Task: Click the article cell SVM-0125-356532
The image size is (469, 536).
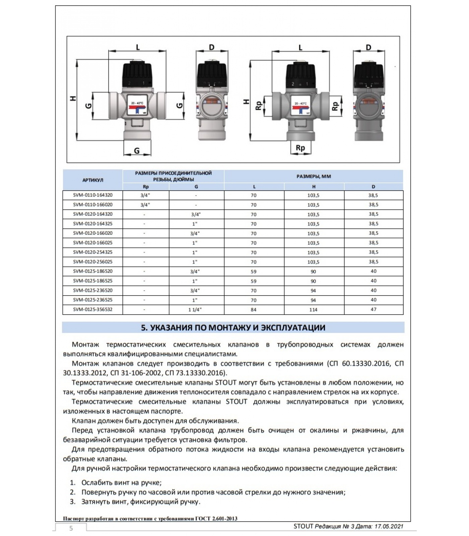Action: click(93, 310)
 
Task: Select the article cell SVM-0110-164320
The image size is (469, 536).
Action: click(93, 195)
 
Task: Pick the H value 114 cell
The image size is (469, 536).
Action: click(313, 310)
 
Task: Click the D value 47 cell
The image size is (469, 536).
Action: click(373, 310)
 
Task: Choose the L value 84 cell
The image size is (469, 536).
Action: click(254, 310)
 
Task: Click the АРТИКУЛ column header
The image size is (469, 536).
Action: click(93, 180)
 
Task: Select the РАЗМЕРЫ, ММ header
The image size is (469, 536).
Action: click(314, 177)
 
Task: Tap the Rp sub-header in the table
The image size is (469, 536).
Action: click(146, 187)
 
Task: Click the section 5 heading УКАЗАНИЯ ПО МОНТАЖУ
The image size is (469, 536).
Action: click(233, 328)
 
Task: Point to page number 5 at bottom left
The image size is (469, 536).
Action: click(71, 528)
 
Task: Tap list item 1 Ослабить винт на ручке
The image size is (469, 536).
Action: click(121, 483)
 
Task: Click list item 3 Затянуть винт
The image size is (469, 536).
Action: click(141, 502)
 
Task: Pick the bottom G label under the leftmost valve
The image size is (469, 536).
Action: click(137, 151)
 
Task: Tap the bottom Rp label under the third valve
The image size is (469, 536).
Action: click(300, 148)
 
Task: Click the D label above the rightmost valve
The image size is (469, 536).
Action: click(368, 48)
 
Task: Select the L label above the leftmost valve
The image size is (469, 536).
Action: click(138, 47)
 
